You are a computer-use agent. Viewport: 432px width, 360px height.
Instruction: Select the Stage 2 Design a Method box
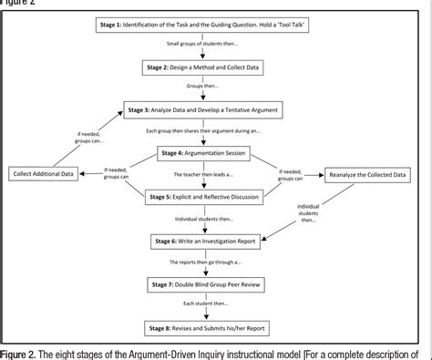pos(215,67)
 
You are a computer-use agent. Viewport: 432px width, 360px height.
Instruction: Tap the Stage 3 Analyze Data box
pos(215,109)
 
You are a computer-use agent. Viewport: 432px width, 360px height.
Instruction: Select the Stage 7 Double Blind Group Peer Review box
pos(215,285)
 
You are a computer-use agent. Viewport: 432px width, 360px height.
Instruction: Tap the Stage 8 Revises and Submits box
pos(215,326)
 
